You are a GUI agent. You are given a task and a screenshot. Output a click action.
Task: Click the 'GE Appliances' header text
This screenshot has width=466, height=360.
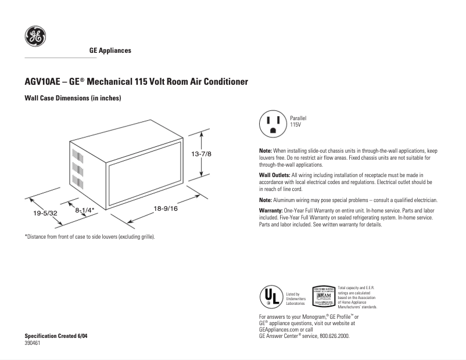tap(110, 51)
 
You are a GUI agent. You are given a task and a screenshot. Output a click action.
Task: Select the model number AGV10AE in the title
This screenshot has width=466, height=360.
tap(44, 82)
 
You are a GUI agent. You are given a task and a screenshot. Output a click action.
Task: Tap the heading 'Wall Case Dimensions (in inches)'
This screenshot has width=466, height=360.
tap(72, 99)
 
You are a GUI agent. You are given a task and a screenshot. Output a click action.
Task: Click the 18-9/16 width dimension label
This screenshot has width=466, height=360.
tap(165, 208)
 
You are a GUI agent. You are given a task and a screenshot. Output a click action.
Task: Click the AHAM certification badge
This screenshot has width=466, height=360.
tap(324, 297)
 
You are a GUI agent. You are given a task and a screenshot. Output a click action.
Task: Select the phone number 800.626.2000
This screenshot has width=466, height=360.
tap(335, 336)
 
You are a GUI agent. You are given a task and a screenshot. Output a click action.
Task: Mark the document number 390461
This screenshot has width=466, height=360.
tap(33, 343)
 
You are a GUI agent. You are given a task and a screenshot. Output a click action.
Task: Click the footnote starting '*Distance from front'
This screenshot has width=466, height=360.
tap(90, 237)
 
